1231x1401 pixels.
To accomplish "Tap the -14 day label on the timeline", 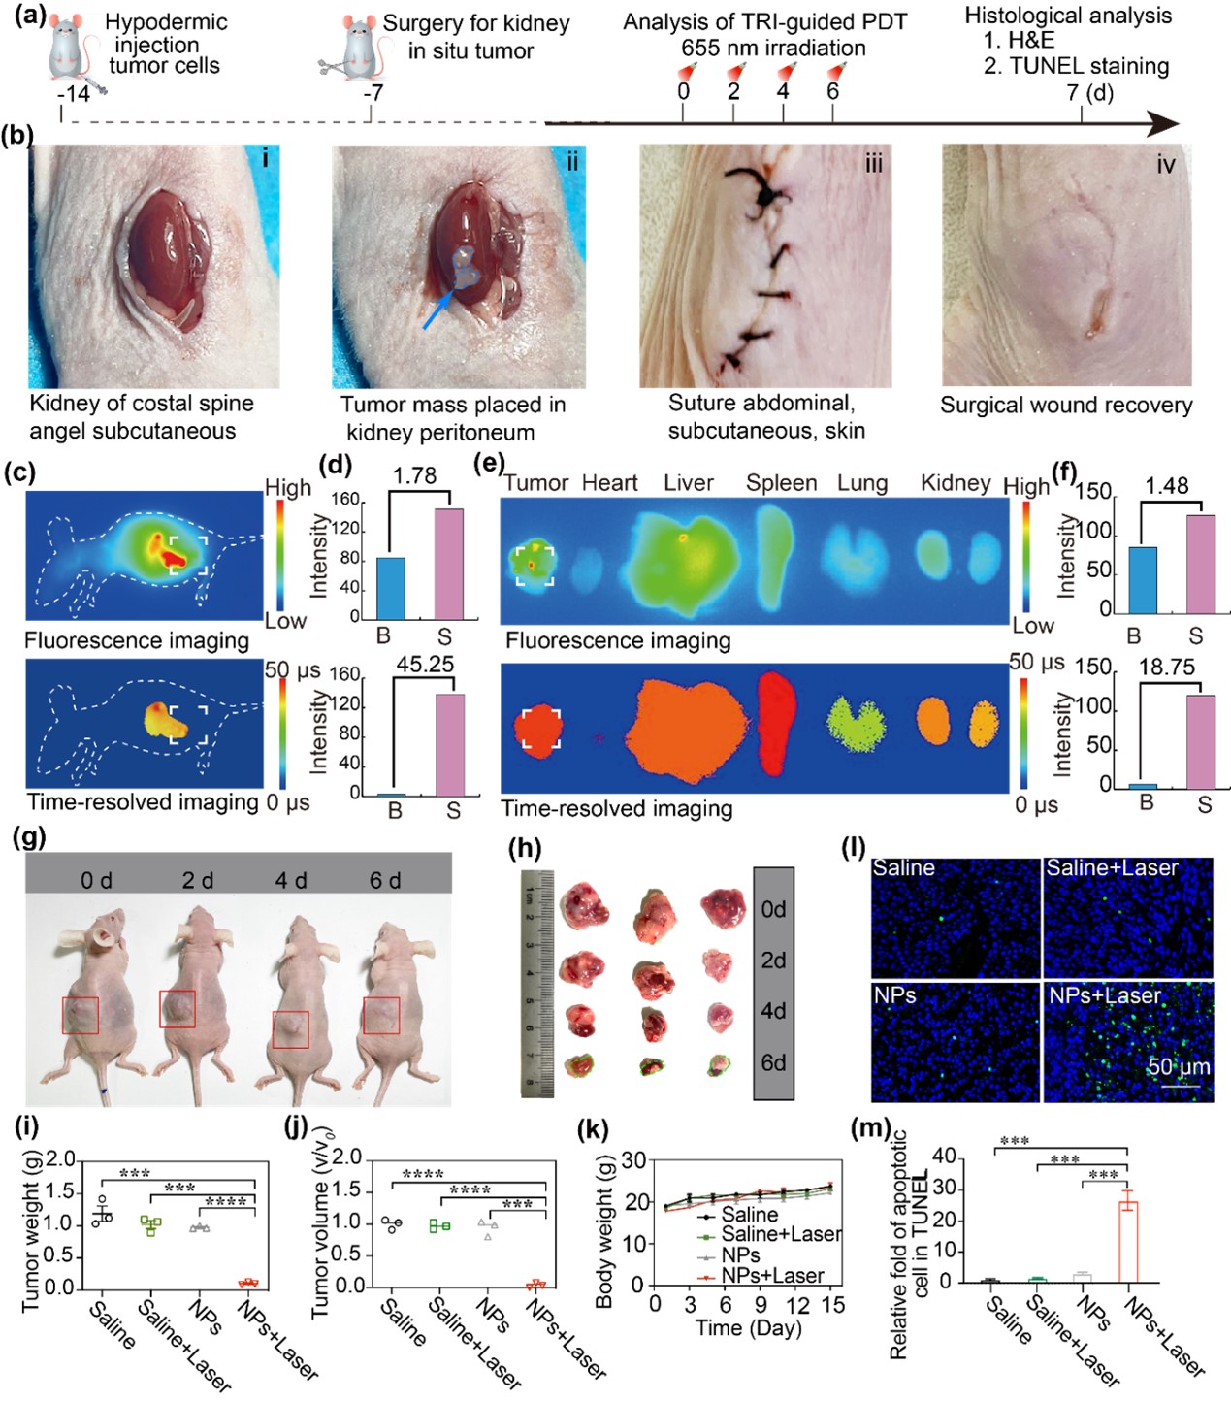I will pyautogui.click(x=73, y=94).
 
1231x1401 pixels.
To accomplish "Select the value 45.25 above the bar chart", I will pyautogui.click(x=425, y=665).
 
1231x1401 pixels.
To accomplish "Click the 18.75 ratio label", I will pyautogui.click(x=1166, y=668).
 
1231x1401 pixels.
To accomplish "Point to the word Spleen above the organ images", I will pyautogui.click(x=781, y=483).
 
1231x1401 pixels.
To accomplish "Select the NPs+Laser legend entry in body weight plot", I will pyautogui.click(x=772, y=1275).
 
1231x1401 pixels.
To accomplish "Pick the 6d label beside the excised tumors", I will pyautogui.click(x=773, y=1062).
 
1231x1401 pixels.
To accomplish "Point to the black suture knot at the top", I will pyautogui.click(x=765, y=194).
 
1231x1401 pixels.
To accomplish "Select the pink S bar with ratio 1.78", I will pyautogui.click(x=448, y=563).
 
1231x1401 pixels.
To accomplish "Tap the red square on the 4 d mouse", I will pyautogui.click(x=291, y=1029).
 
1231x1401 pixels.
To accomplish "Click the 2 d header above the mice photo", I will pyautogui.click(x=198, y=880).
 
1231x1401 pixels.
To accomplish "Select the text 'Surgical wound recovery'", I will pyautogui.click(x=1066, y=406).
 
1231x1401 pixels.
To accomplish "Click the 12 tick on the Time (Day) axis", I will pyautogui.click(x=798, y=1305).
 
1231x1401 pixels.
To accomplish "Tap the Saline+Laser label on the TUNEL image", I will pyautogui.click(x=1112, y=868).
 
